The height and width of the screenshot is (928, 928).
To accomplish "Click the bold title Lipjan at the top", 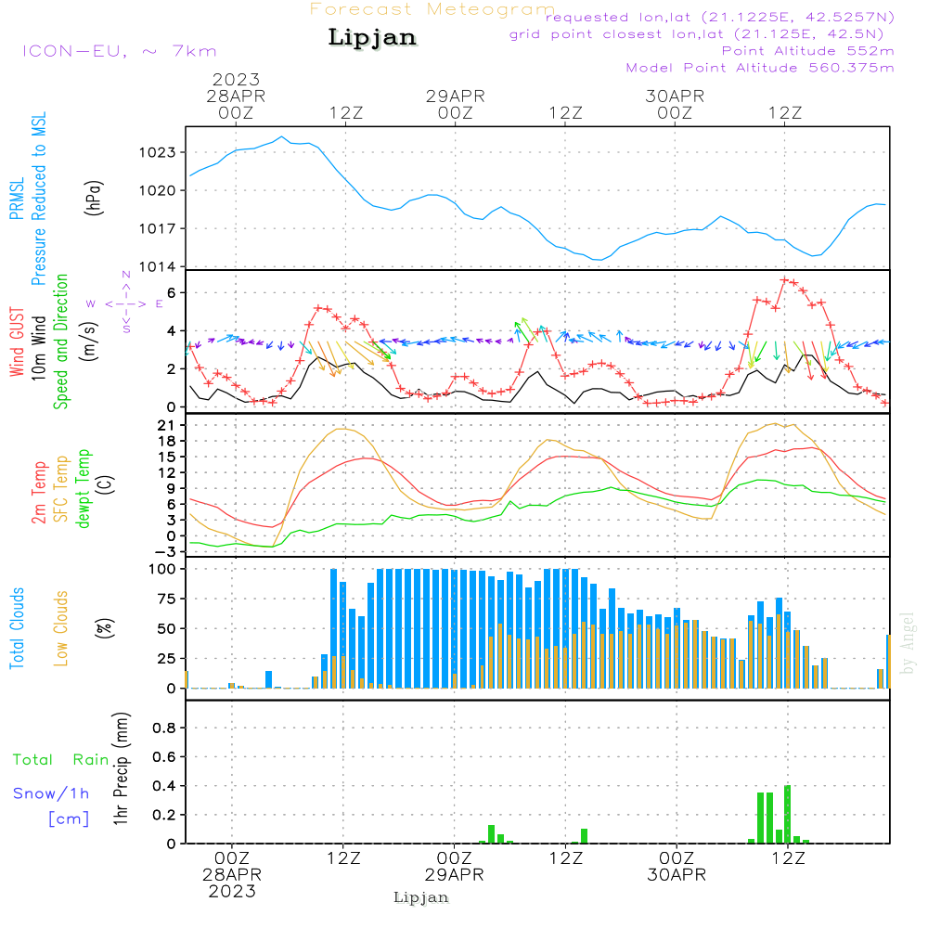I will [372, 38].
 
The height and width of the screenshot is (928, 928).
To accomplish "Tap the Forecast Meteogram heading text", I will [432, 9].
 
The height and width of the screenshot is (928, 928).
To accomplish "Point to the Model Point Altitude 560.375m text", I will [760, 68].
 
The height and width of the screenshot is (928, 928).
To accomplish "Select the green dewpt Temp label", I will [84, 489].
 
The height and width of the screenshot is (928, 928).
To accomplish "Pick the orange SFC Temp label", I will [61, 489].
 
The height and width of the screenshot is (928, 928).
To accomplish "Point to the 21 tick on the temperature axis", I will [167, 425].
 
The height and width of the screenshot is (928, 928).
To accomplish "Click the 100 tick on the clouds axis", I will [162, 569].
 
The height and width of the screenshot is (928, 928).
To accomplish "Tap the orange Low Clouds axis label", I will [61, 628].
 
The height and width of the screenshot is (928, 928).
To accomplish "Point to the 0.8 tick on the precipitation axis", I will [164, 728].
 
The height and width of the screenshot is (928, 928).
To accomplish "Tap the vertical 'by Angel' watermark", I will [908, 643].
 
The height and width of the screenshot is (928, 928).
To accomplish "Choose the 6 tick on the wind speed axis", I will [171, 292].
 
